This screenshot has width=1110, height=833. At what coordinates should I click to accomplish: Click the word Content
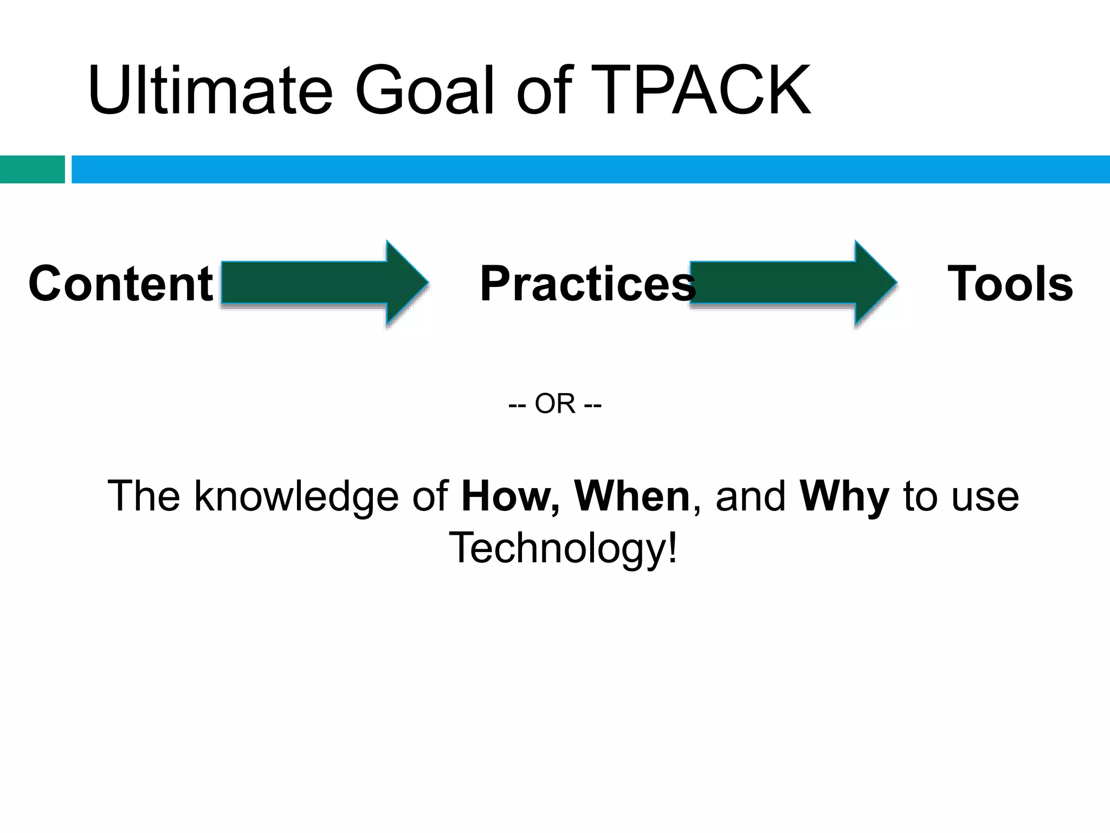click(x=121, y=284)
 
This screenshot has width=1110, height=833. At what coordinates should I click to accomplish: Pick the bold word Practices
click(x=587, y=284)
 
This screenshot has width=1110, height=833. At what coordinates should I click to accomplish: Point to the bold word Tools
click(x=1010, y=284)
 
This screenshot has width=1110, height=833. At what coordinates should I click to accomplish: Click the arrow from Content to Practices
click(x=324, y=283)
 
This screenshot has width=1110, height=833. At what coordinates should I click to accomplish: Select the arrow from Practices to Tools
click(x=792, y=283)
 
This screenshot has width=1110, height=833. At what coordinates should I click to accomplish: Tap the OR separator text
click(x=555, y=403)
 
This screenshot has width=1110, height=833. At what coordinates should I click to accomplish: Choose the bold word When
click(x=632, y=496)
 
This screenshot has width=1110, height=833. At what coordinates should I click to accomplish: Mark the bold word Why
click(x=844, y=497)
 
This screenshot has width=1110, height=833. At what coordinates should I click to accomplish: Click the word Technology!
click(x=563, y=548)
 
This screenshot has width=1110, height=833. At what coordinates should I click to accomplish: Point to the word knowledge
click(x=296, y=497)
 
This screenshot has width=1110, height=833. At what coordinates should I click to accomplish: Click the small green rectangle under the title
click(x=32, y=169)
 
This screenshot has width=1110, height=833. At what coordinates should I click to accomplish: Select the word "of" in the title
click(x=544, y=91)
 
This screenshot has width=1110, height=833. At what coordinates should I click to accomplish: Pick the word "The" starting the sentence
click(x=144, y=496)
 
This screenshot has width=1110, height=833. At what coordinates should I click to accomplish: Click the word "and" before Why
click(x=750, y=496)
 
